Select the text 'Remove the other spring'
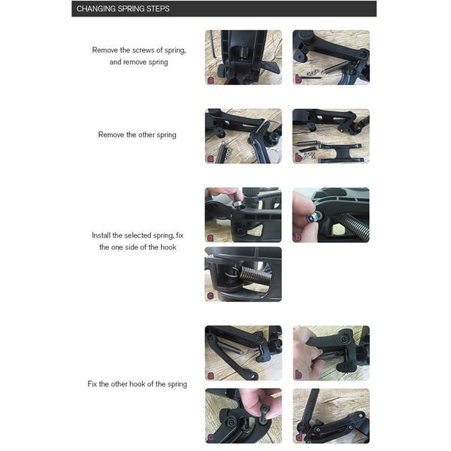[137, 135]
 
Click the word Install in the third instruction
[102, 235]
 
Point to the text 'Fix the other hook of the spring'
[137, 384]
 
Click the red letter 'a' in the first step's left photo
[209, 78]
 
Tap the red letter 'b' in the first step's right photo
[297, 78]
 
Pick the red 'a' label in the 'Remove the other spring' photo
[209, 157]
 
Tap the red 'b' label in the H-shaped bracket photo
[297, 157]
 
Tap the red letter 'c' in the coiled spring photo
[209, 296]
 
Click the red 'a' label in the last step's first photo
[209, 374]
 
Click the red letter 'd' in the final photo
[297, 437]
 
